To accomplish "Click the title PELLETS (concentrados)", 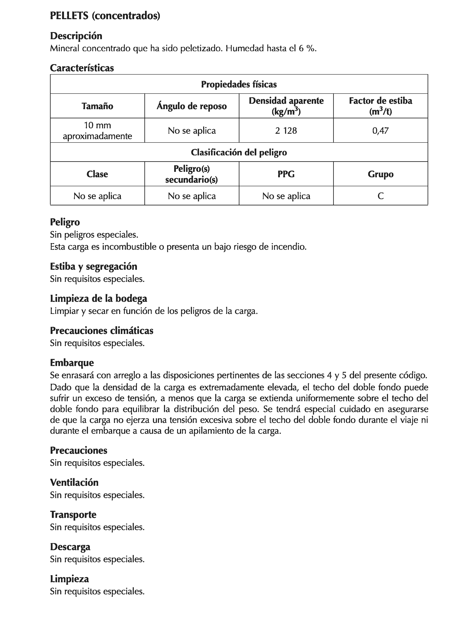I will (x=105, y=16).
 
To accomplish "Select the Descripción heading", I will (x=76, y=36).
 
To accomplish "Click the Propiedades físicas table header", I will (x=239, y=84).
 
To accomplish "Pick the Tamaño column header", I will (x=97, y=106).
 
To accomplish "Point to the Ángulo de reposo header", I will (x=191, y=106).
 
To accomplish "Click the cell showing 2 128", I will (x=286, y=131).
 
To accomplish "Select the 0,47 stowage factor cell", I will (x=380, y=131).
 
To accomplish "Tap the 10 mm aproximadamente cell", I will (x=97, y=131).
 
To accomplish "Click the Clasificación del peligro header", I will (x=239, y=152).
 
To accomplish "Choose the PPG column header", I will (x=286, y=174).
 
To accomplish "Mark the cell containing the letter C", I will (x=380, y=196).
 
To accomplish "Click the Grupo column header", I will (x=380, y=174).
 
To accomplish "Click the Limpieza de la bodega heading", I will (x=98, y=299).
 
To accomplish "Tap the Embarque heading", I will (x=72, y=363).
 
